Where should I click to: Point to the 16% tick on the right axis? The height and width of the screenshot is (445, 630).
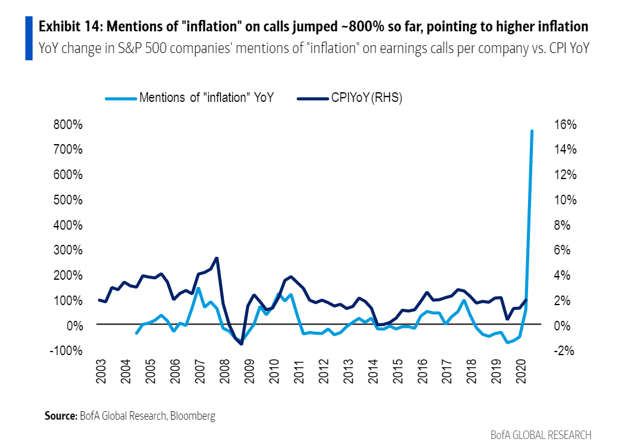point(565,125)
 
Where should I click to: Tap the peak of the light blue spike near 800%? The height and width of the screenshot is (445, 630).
point(532,131)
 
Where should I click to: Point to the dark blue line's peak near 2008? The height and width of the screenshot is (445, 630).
point(217,258)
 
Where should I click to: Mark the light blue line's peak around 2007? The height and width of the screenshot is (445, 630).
point(198,288)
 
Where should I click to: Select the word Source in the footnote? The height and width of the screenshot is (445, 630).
point(60,416)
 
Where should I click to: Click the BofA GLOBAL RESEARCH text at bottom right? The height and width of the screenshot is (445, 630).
point(541,435)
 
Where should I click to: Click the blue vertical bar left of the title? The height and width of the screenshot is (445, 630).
point(28,38)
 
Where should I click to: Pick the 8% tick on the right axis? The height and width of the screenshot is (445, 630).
point(562,226)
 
